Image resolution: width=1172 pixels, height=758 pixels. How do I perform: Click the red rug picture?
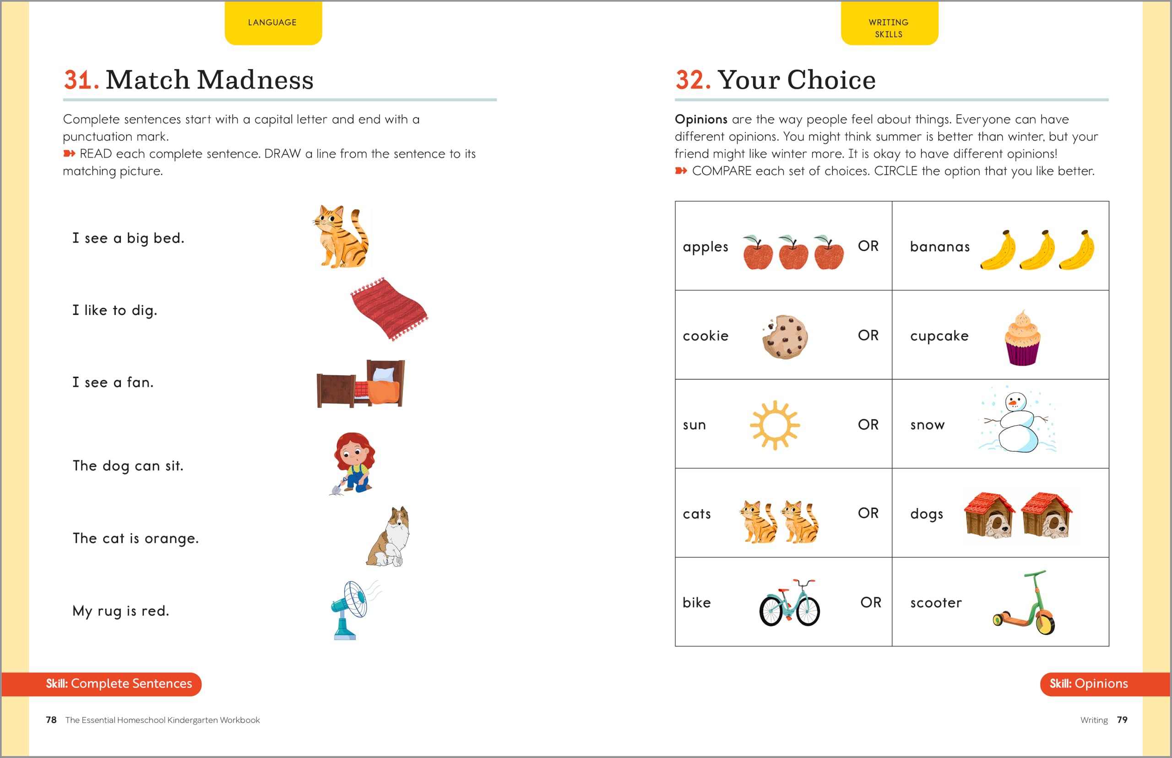pyautogui.click(x=389, y=309)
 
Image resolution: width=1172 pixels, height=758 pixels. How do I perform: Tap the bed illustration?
pyautogui.click(x=360, y=384)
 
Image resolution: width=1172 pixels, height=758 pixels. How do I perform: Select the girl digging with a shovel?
pyautogui.click(x=353, y=463)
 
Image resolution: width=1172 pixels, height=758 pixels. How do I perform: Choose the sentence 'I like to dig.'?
pyautogui.click(x=115, y=310)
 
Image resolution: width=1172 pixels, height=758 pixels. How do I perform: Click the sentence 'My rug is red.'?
pyautogui.click(x=120, y=611)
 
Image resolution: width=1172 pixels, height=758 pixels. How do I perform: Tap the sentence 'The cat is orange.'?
pyautogui.click(x=136, y=538)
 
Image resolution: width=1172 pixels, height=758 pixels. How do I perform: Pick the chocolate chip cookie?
pyautogui.click(x=785, y=337)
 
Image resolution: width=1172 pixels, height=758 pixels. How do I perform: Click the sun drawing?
pyautogui.click(x=775, y=425)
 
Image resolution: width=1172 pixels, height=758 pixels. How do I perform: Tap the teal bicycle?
pyautogui.click(x=790, y=603)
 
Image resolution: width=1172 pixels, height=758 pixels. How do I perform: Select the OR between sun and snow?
pyautogui.click(x=868, y=424)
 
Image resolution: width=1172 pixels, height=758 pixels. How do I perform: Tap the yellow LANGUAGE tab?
pyautogui.click(x=273, y=22)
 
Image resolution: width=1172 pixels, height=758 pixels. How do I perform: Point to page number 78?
pyautogui.click(x=51, y=720)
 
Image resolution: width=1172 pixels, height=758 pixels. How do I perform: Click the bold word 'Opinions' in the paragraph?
pyautogui.click(x=700, y=119)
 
